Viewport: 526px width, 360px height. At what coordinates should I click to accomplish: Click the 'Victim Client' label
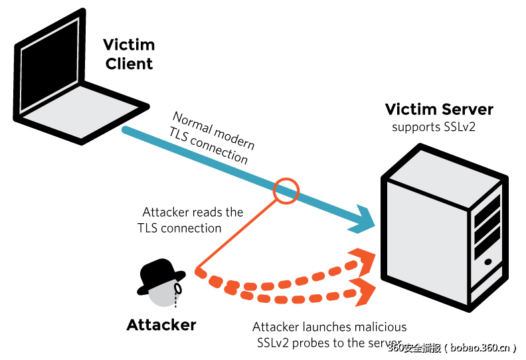pyautogui.click(x=129, y=54)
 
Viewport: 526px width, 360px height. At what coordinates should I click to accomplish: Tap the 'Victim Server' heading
pyautogui.click(x=439, y=110)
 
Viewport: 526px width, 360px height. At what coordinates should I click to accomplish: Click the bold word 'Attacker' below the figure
pyautogui.click(x=161, y=325)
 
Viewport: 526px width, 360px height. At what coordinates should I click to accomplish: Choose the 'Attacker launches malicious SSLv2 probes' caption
pyautogui.click(x=329, y=334)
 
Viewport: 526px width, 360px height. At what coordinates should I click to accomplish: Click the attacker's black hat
pyautogui.click(x=161, y=272)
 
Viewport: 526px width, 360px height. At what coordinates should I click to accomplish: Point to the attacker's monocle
pyautogui.click(x=177, y=290)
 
